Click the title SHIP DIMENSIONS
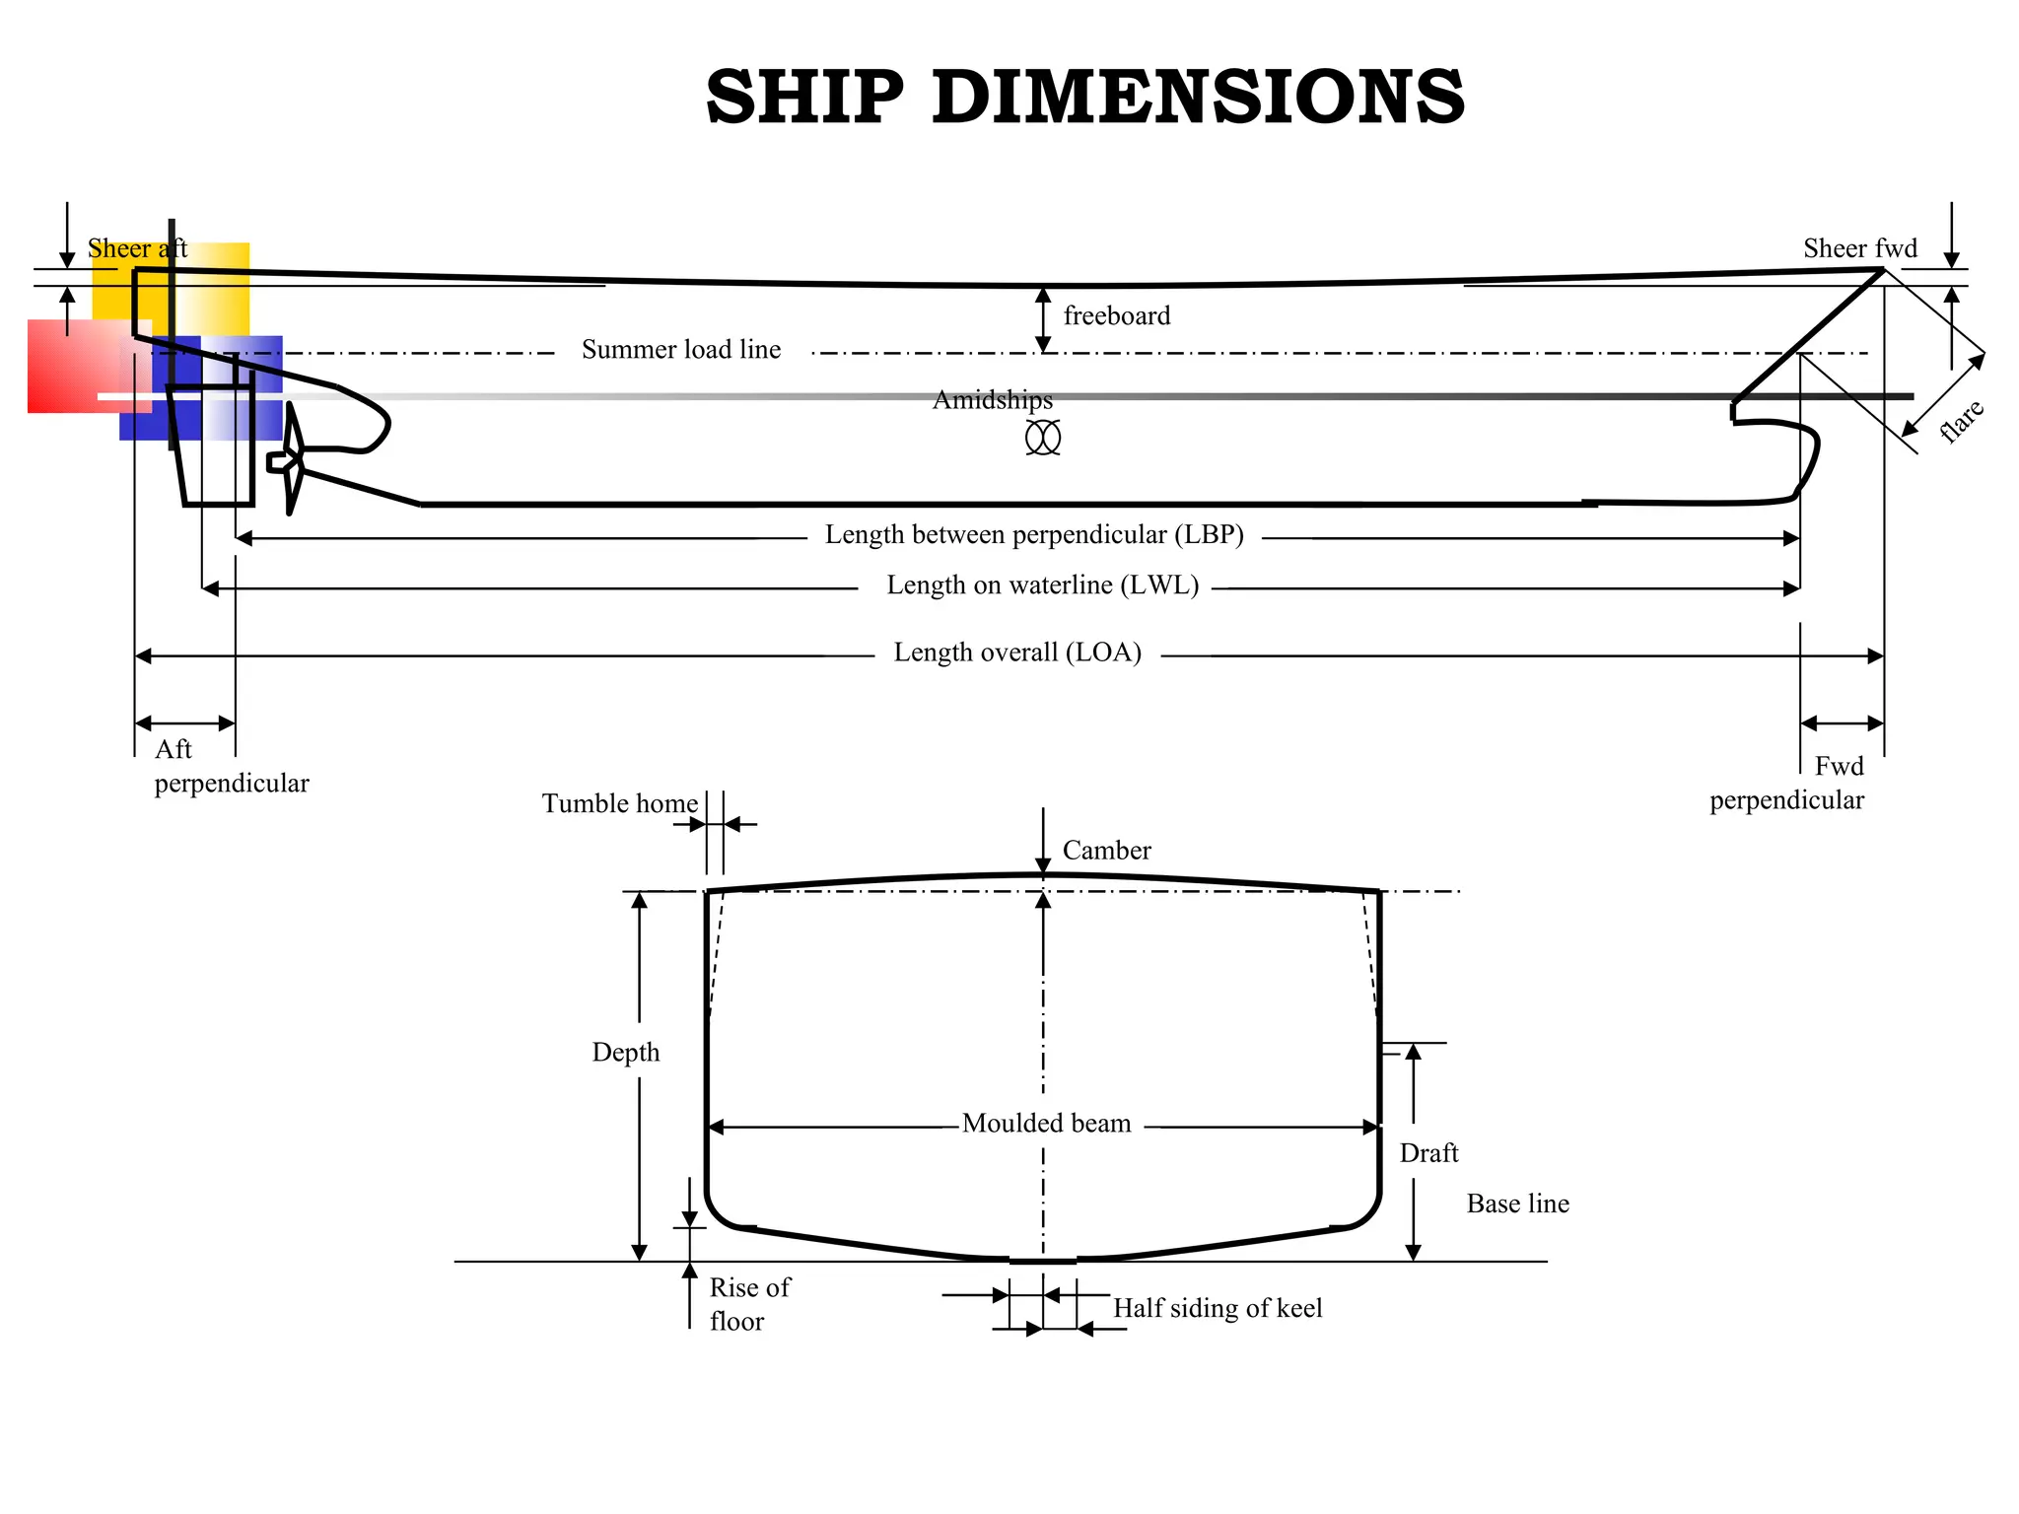click(x=1084, y=98)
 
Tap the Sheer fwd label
click(x=1859, y=248)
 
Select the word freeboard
click(x=1116, y=316)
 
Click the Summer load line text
click(x=680, y=350)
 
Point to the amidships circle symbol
click(x=1042, y=437)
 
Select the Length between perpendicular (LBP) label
click(x=1033, y=535)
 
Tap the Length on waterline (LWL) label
click(x=1042, y=585)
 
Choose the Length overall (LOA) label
click(x=1016, y=653)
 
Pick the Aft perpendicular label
click(x=231, y=766)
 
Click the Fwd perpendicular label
click(x=1786, y=783)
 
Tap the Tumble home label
click(x=619, y=803)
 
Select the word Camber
click(x=1106, y=851)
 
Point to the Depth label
click(x=625, y=1053)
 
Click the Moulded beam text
click(x=1046, y=1124)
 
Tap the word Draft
click(x=1427, y=1153)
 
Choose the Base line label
click(x=1517, y=1204)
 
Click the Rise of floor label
click(x=748, y=1304)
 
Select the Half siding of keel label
click(x=1217, y=1308)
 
